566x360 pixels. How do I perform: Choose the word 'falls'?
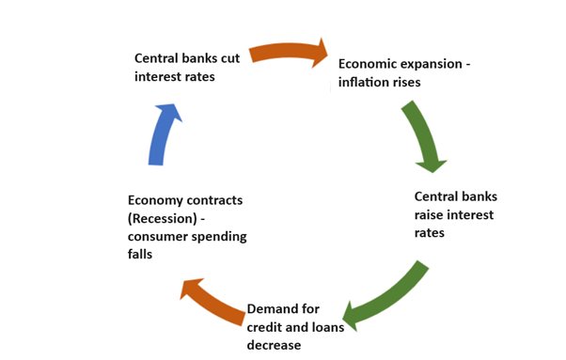[x=141, y=255]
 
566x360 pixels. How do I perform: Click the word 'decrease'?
[x=274, y=345]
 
